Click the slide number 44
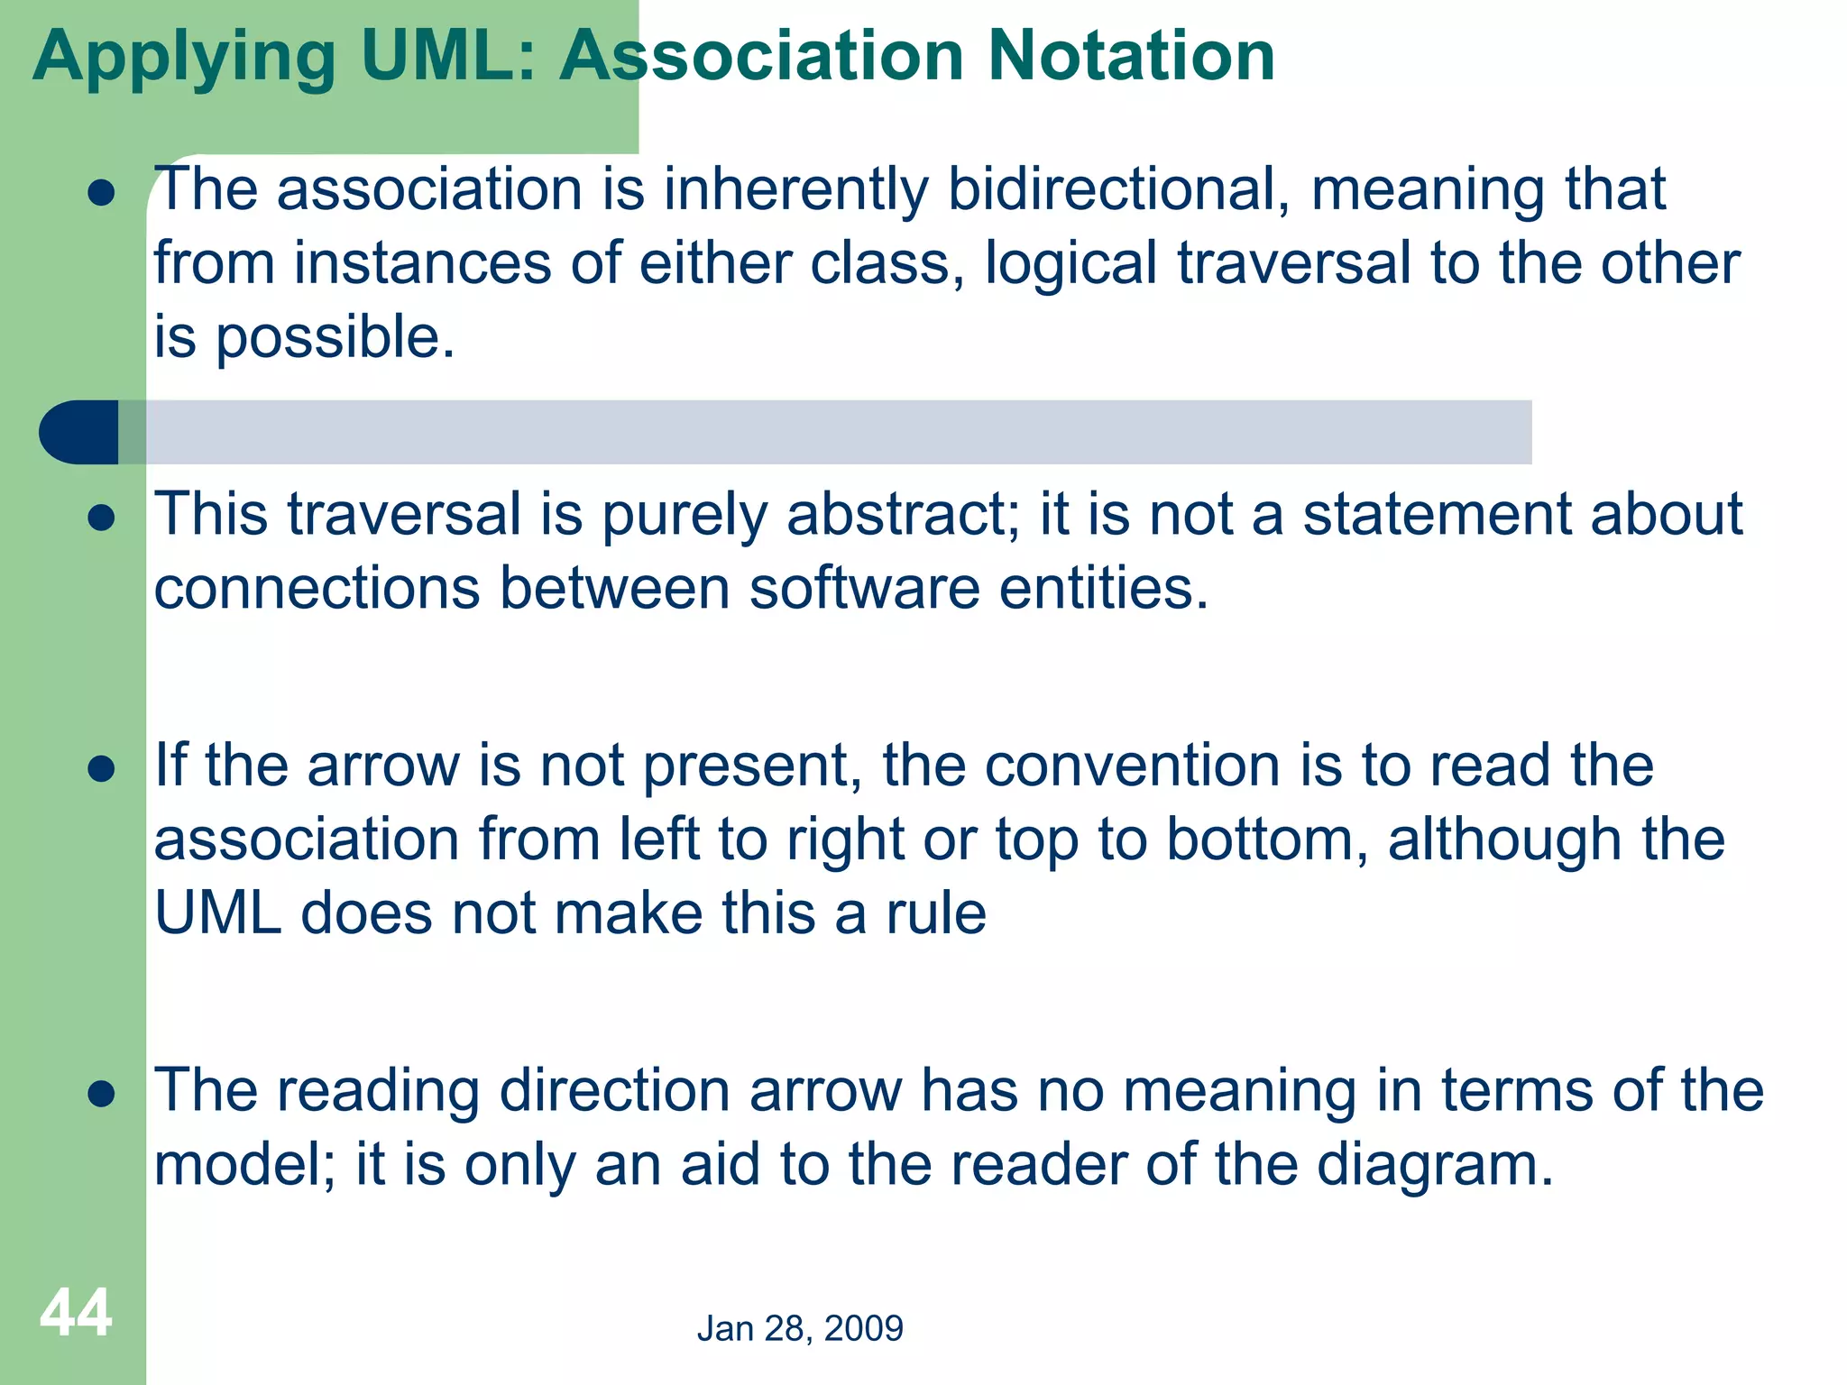[76, 1313]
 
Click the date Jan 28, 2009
[800, 1328]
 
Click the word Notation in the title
[1131, 56]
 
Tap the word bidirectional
[1117, 190]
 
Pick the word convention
[1132, 766]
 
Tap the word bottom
[1267, 840]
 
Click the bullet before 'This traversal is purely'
[102, 518]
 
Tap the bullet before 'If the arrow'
[102, 769]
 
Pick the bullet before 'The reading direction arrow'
[102, 1094]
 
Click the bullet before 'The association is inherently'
[102, 193]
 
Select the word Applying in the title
[184, 58]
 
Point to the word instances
[421, 264]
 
